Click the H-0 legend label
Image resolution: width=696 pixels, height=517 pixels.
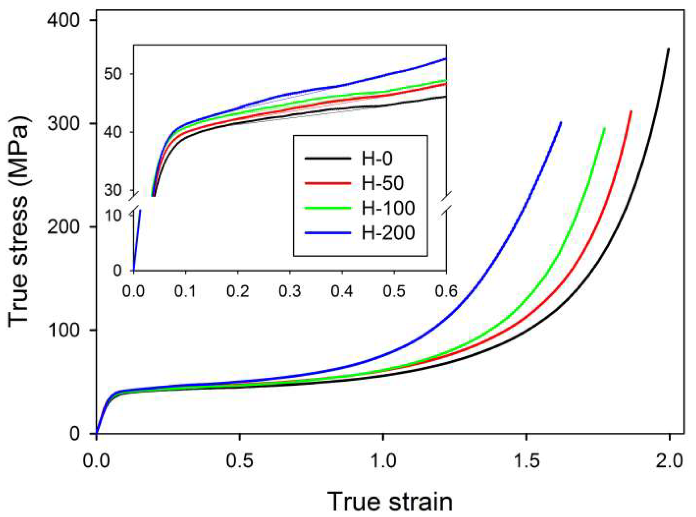377,158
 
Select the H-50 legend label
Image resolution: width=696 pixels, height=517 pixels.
382,183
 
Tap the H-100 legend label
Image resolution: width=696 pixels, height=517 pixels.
388,208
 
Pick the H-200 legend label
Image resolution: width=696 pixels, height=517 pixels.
388,233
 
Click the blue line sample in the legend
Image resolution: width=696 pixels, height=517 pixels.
327,233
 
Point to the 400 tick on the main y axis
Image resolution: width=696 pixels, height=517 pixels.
63,20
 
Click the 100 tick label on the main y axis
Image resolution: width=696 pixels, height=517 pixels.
63,330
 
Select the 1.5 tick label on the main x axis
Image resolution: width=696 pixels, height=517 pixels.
526,461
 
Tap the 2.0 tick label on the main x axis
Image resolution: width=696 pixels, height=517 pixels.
669,461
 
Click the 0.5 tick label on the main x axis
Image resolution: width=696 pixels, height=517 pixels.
240,461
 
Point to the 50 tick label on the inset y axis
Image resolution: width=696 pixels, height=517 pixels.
113,74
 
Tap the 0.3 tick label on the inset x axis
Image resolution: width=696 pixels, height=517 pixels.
290,291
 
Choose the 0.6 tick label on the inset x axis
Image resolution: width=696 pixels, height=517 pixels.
446,291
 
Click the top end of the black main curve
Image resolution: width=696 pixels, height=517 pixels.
668,49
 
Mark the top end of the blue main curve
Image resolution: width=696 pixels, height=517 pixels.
561,123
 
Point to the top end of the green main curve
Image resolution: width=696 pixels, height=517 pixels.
604,129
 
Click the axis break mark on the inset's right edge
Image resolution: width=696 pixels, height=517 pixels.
446,205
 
